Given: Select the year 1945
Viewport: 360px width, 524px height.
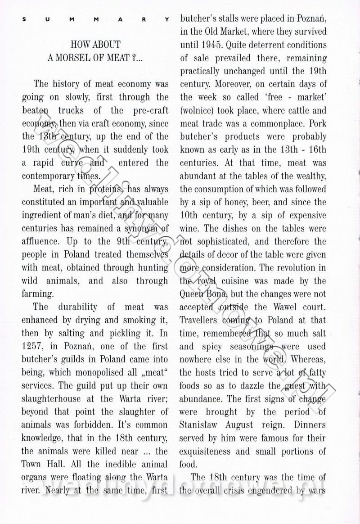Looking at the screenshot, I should click(210, 45).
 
